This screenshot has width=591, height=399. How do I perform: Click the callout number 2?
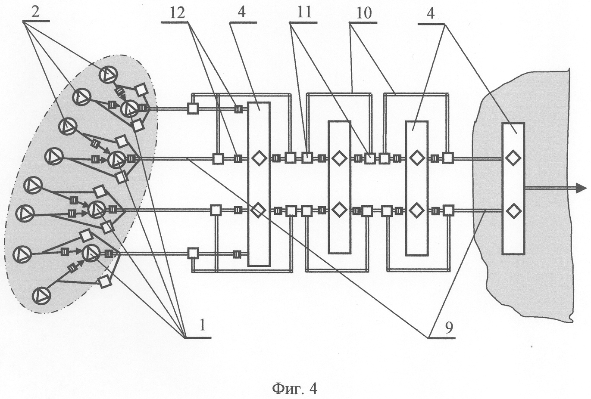(36, 12)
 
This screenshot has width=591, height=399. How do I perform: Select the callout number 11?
(304, 12)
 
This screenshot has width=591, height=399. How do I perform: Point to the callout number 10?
(363, 12)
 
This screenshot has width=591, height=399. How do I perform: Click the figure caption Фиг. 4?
(295, 389)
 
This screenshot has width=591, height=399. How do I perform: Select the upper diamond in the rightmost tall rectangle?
(513, 158)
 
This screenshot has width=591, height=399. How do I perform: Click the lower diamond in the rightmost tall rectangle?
(513, 211)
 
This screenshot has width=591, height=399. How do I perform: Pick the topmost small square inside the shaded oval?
(141, 90)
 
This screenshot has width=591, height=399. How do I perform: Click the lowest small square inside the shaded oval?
(104, 282)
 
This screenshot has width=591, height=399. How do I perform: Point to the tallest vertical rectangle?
(259, 184)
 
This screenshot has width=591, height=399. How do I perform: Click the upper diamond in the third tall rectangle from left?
(416, 158)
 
